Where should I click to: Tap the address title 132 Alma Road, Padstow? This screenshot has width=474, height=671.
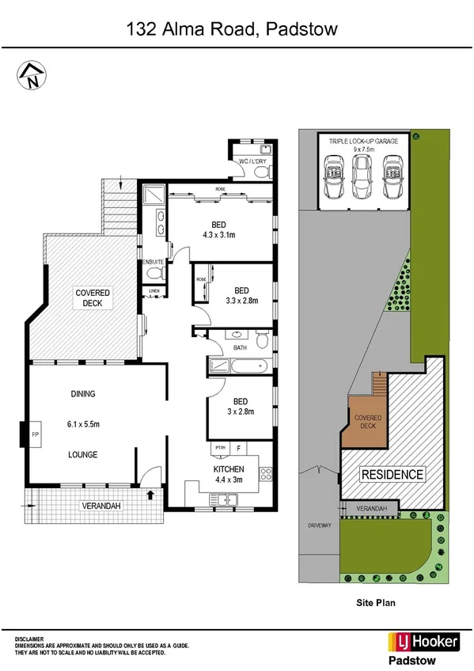click(233, 30)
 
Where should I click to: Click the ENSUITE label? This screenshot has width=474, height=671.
click(153, 262)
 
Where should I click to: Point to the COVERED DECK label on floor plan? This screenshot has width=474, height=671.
click(93, 298)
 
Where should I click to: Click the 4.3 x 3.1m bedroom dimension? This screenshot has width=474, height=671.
click(220, 234)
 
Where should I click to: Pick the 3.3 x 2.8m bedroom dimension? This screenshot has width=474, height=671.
click(242, 301)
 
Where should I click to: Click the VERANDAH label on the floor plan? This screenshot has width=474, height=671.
click(98, 506)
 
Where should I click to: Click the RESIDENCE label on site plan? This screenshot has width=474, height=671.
click(392, 475)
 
